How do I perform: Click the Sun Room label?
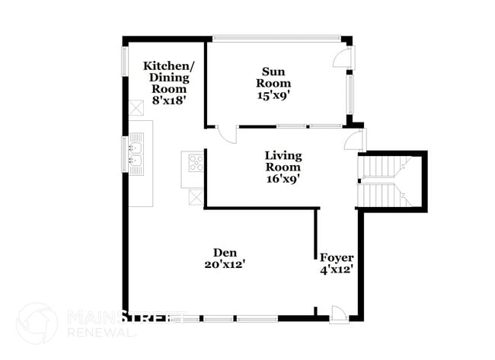tap(273, 77)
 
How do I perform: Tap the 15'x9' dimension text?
tap(273, 95)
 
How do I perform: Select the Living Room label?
tap(283, 161)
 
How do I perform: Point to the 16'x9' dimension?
tap(283, 180)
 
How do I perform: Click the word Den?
tap(224, 252)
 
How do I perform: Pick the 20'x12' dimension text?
tap(224, 264)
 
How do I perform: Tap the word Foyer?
tap(336, 257)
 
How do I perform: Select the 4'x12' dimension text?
tap(336, 269)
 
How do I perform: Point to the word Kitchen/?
tap(169, 65)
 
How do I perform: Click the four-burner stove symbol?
tap(193, 161)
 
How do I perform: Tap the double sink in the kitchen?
tap(137, 154)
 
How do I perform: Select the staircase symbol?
tap(391, 181)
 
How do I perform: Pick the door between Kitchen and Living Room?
tap(225, 133)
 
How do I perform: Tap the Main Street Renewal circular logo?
tap(37, 323)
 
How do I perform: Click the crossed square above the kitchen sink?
tap(137, 107)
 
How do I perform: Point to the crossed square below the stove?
tap(196, 196)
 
